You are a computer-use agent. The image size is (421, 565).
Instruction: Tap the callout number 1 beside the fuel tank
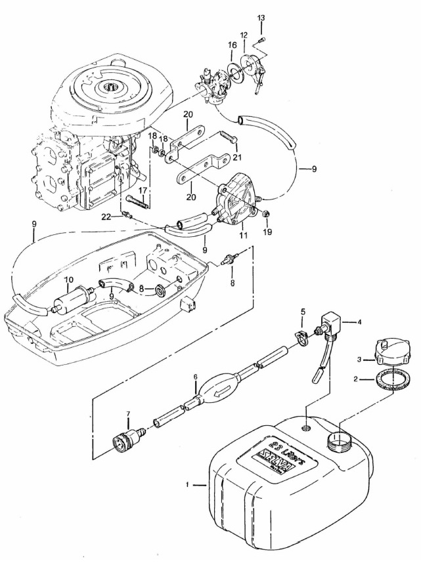click(188, 485)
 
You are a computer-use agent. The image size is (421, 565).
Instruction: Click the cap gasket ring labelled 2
click(389, 383)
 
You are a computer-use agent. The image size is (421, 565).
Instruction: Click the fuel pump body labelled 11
click(234, 203)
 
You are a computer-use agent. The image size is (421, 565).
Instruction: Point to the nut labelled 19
click(268, 215)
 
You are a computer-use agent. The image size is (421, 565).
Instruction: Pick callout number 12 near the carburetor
click(244, 34)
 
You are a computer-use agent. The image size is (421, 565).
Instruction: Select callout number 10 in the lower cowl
click(68, 280)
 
